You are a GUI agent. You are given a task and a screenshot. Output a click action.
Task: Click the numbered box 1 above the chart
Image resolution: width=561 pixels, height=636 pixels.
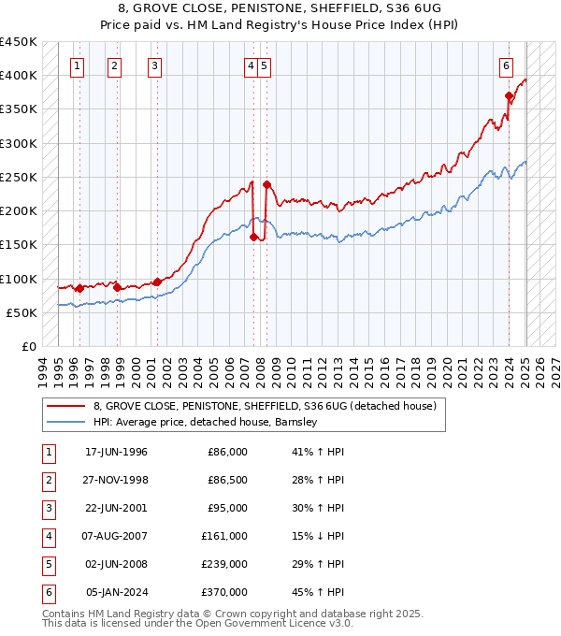coord(76,65)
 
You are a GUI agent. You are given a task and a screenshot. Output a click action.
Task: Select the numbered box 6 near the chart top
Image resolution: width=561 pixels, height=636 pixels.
coord(506,65)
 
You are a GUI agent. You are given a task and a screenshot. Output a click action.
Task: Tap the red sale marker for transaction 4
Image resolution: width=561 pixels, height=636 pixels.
coord(253,238)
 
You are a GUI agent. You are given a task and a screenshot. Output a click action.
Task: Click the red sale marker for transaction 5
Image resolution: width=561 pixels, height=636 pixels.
coord(266,184)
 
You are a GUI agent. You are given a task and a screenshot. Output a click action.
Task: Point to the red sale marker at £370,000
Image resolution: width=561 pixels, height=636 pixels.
coord(509,95)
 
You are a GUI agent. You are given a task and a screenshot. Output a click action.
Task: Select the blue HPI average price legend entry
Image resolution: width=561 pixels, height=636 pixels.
coord(206,422)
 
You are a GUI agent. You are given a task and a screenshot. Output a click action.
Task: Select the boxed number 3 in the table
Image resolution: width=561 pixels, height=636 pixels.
coord(46,508)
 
